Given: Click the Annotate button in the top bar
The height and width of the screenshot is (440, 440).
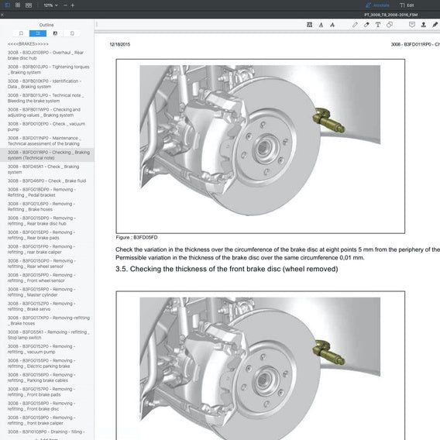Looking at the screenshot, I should [380, 5].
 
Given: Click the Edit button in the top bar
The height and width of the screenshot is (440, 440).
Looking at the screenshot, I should [418, 5].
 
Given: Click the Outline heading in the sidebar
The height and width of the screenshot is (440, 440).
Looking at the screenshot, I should [46, 25].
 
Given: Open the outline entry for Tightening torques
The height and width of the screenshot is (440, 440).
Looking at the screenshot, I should [48, 70].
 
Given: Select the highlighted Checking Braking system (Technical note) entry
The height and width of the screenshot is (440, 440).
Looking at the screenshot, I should [48, 156].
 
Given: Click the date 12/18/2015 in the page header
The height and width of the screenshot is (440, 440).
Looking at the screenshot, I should [120, 45].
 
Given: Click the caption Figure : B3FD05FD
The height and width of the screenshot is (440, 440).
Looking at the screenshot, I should [136, 238].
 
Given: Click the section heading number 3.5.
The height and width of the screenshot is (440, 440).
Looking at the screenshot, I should [122, 269].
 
